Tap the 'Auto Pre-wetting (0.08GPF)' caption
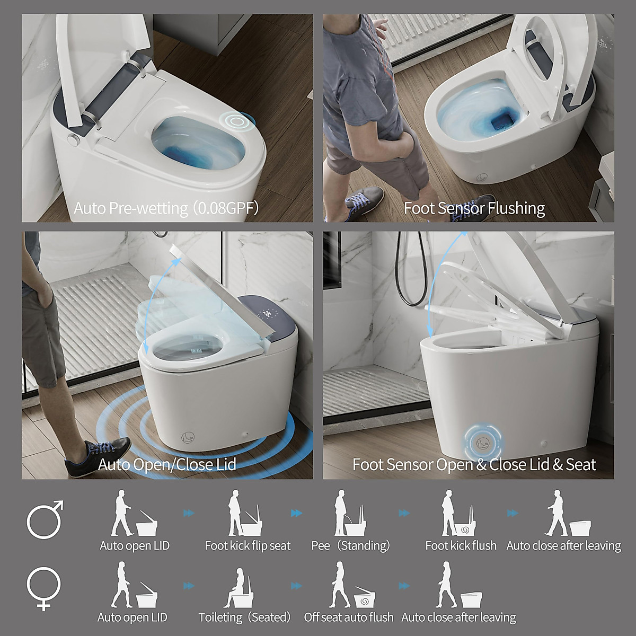[166, 208]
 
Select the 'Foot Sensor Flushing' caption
[474, 208]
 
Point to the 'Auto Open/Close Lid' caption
[167, 464]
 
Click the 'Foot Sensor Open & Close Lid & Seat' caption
[474, 464]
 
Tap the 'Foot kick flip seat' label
[248, 545]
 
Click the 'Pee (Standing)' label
[351, 545]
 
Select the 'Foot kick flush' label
[461, 545]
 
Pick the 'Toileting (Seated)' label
[245, 617]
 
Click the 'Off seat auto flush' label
[349, 617]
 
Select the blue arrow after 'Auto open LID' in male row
[188, 513]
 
